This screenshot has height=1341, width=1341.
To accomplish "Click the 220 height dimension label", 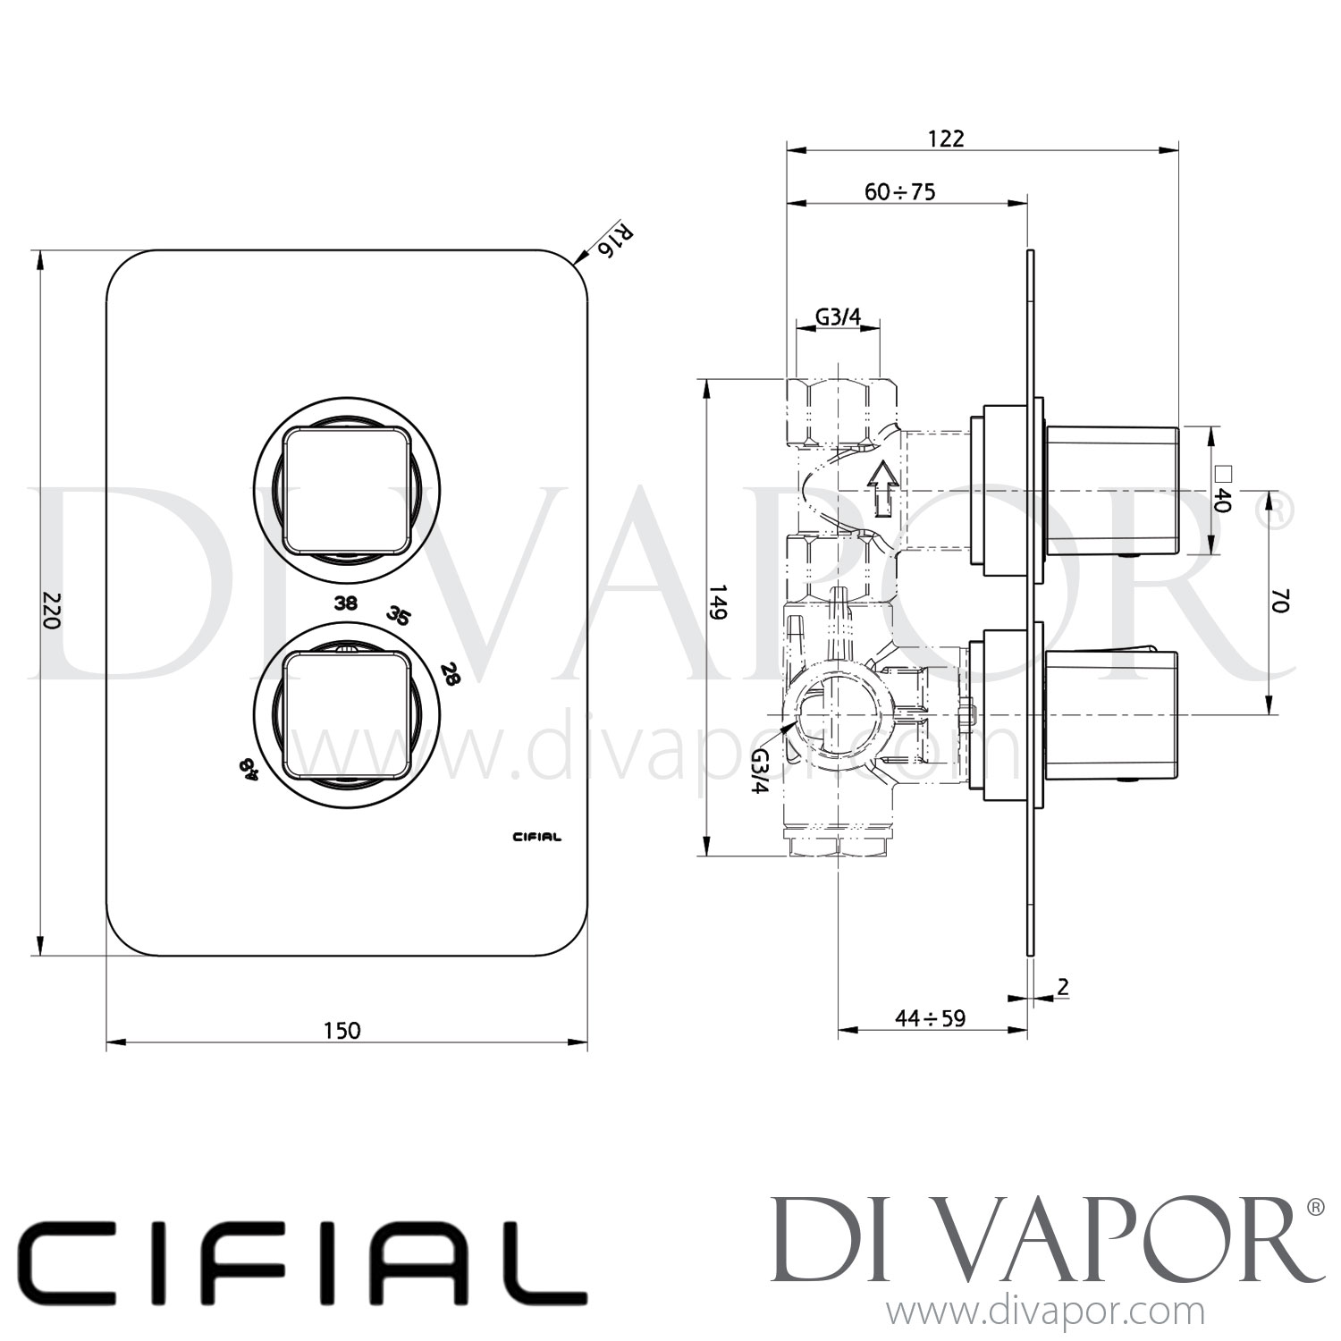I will pos(51,609).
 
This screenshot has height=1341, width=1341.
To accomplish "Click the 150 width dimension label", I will pos(342,1030).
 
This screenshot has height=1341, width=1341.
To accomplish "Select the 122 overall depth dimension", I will pos(947,138).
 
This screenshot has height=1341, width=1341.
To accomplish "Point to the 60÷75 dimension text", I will pos(899,192).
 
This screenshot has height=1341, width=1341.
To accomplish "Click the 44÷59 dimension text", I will pos(931,1018).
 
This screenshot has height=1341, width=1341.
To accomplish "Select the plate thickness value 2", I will pos(1062,987).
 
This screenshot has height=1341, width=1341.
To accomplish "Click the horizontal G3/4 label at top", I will pos(837,316).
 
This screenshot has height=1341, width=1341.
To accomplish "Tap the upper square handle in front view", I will pos(347,491).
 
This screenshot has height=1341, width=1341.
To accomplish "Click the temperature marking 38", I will pos(346,603).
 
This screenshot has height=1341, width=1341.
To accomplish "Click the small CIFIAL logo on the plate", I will pos(536,838).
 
